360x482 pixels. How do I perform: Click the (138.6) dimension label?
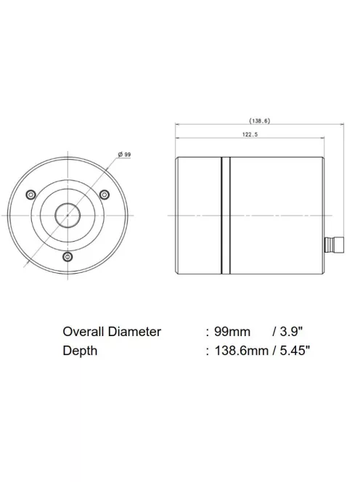[x=259, y=120]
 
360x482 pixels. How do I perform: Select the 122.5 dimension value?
[x=250, y=134]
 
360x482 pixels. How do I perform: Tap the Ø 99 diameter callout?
[x=124, y=154]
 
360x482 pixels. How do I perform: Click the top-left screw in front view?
[x=30, y=194]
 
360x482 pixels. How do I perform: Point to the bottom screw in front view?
[x=67, y=257]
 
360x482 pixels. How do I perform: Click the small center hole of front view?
[x=67, y=215]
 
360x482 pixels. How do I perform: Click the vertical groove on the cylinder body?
[x=225, y=216]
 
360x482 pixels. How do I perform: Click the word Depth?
[x=80, y=351]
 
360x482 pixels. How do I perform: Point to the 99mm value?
[x=232, y=332]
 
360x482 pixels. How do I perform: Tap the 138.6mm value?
[x=242, y=351]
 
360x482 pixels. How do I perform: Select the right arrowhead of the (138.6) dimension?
[x=343, y=126]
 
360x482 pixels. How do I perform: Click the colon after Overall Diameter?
[x=208, y=332]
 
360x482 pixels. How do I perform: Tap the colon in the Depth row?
[x=208, y=352]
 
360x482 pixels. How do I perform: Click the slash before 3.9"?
[x=273, y=332]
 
